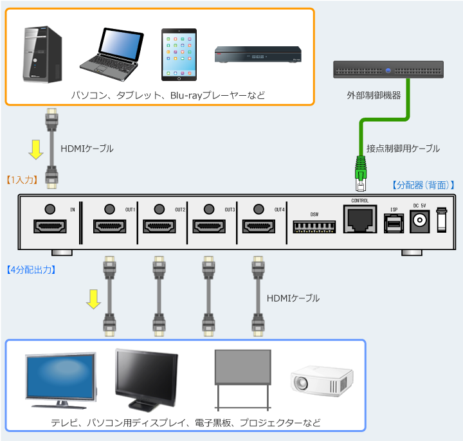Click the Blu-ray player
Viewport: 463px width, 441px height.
coord(258,55)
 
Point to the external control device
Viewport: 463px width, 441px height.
coord(388,69)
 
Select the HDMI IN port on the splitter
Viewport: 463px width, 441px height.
coord(50,227)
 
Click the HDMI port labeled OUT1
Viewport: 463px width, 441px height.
coord(110,227)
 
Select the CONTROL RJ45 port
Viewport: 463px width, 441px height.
coord(359,221)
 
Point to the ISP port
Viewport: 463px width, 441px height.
coord(394,222)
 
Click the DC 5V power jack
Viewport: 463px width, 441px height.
coord(419,222)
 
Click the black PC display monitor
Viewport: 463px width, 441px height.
coord(147,379)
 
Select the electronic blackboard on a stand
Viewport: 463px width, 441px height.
coord(243,379)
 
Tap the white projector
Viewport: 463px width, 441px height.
coord(321,381)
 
